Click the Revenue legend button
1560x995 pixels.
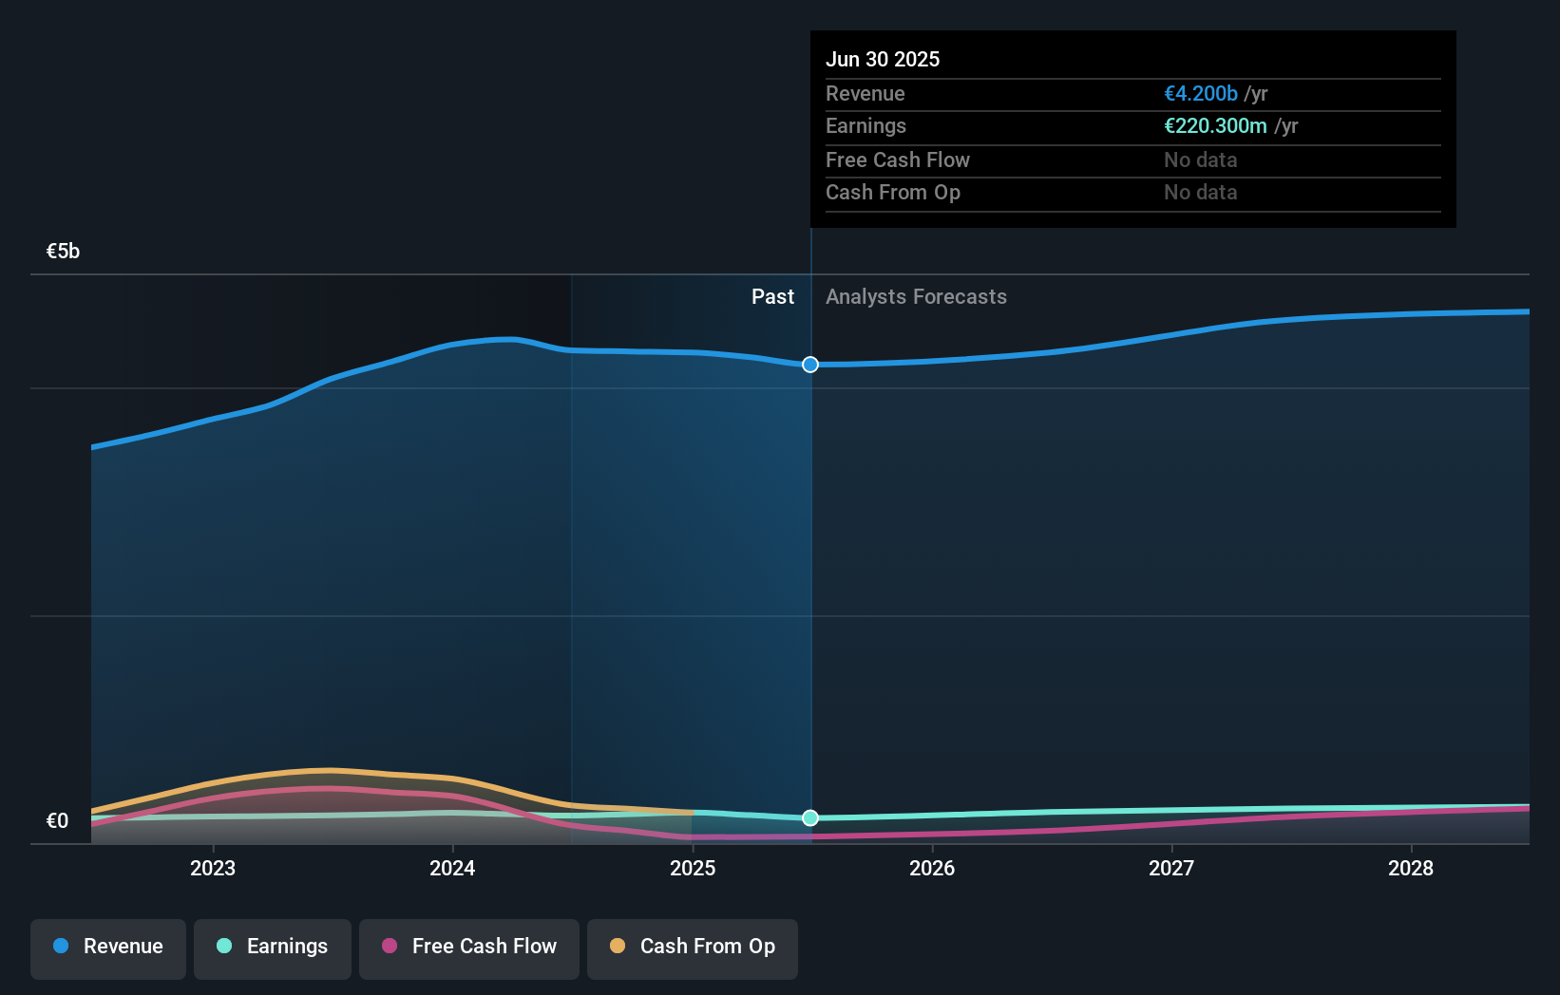tap(108, 947)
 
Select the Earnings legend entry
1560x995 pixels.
tap(273, 947)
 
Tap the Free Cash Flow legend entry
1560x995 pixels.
tap(469, 947)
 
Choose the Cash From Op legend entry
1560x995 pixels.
tap(693, 947)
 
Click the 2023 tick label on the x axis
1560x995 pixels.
tap(213, 868)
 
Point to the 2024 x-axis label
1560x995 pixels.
tap(452, 868)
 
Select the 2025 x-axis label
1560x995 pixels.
tap(693, 868)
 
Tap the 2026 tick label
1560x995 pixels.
tap(932, 868)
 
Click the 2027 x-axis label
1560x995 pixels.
tap(1171, 868)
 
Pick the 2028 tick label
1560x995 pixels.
tap(1411, 868)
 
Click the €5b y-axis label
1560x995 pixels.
tap(63, 251)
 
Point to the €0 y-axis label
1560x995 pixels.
tap(57, 820)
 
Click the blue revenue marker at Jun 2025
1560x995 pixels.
tap(810, 365)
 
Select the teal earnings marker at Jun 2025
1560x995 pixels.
tap(810, 817)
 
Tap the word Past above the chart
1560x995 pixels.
tap(772, 296)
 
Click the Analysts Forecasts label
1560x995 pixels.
tap(916, 296)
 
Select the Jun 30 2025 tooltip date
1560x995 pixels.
tap(883, 59)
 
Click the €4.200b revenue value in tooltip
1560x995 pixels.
tap(1201, 93)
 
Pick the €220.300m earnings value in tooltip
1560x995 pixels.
tap(1216, 125)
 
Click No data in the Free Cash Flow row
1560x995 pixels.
tap(1201, 160)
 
